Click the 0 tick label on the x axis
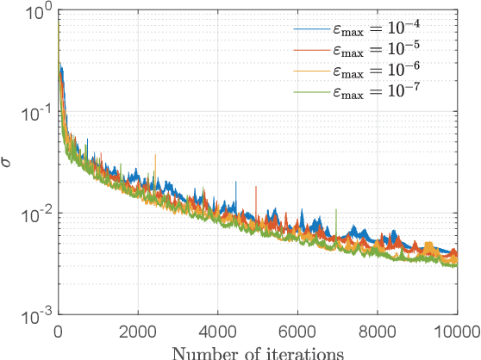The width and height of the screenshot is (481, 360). click(58, 332)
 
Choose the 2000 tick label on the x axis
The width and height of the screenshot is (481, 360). click(137, 332)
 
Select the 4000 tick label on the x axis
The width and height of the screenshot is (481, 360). click(217, 332)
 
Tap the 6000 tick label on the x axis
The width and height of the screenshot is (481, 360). click(297, 332)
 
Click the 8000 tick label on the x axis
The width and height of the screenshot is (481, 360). click(377, 332)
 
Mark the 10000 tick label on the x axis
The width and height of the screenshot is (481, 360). click(455, 332)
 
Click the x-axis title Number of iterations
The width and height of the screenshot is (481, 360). click(256, 351)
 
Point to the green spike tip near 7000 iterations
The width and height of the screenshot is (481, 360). click(336, 209)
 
